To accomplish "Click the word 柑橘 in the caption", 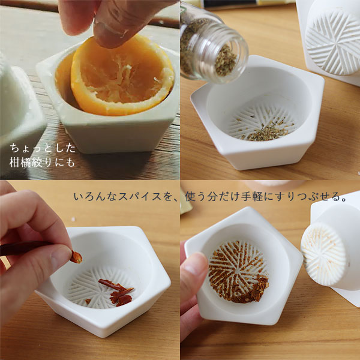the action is [x=20, y=163].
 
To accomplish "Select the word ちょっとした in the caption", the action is [x=43, y=148].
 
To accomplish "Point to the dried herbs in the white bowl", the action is [x=266, y=131].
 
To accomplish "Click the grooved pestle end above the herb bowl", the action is [x=333, y=44].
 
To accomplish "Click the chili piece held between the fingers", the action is [x=76, y=257].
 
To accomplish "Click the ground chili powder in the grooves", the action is [x=238, y=272].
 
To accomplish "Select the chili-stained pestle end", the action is [x=323, y=254].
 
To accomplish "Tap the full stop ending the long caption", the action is [x=343, y=200].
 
